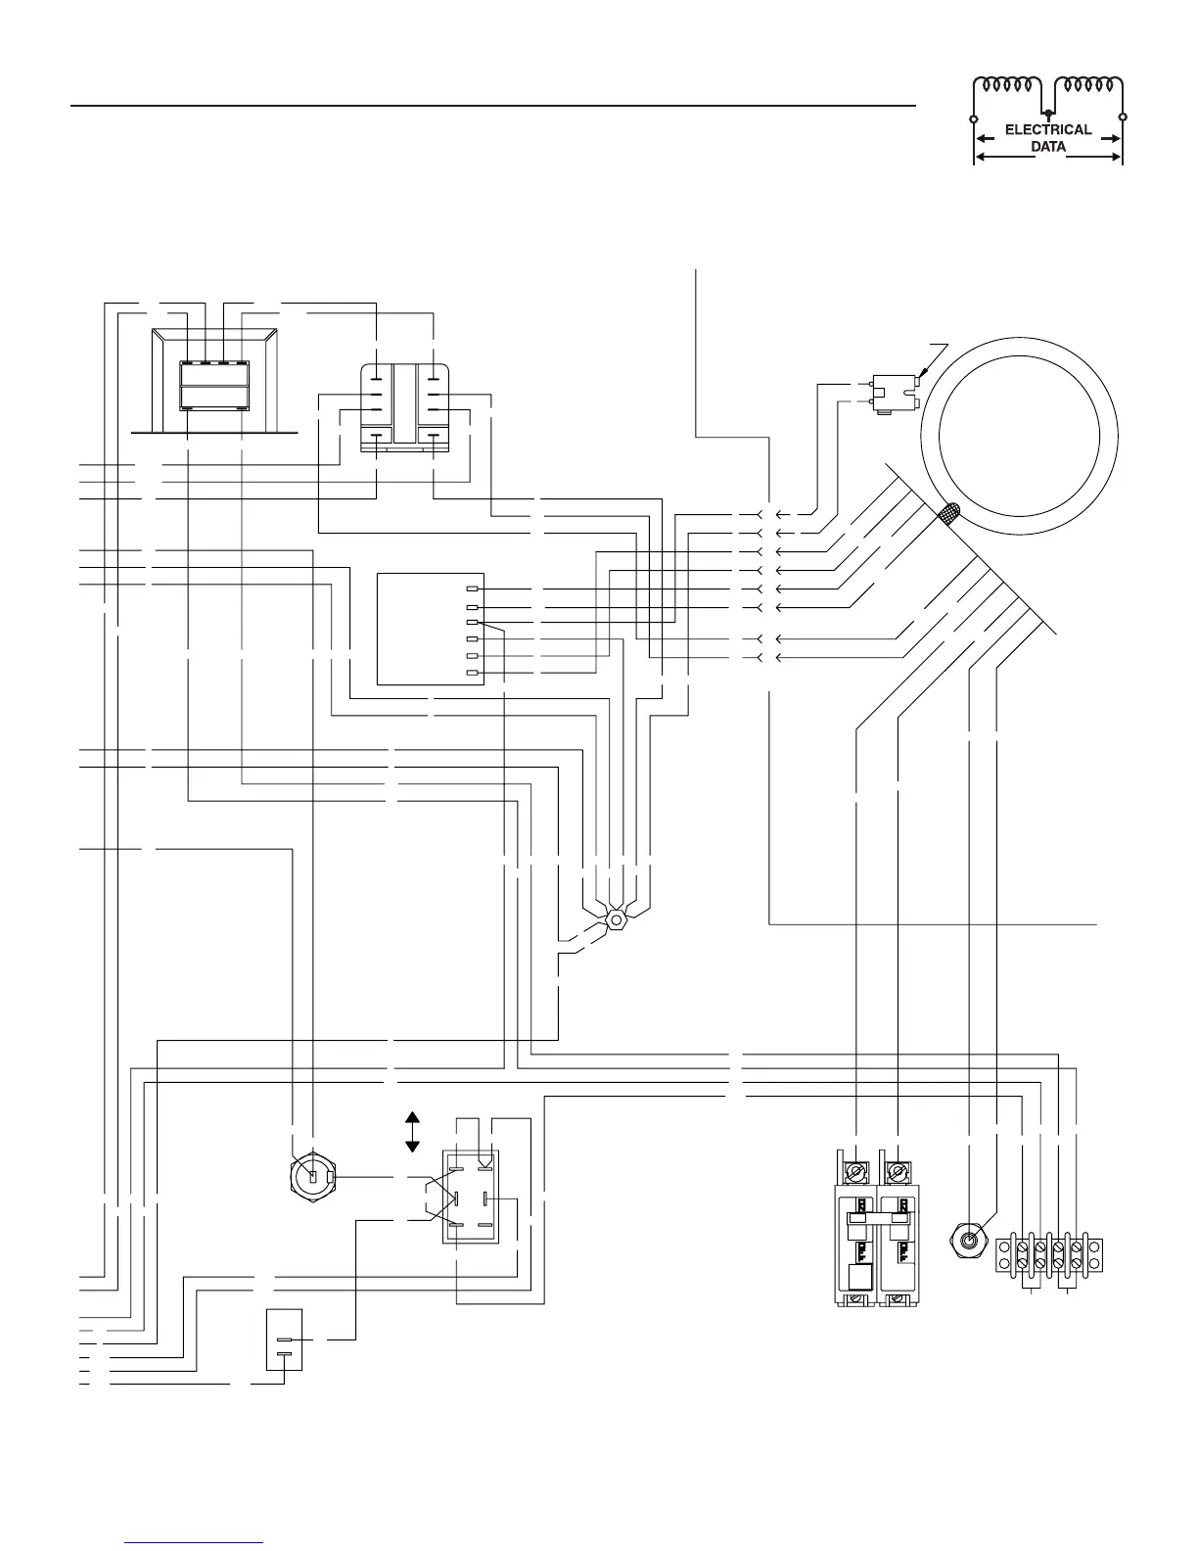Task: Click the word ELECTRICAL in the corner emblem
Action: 1047,130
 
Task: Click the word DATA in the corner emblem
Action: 1048,147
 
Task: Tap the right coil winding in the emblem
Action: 1088,85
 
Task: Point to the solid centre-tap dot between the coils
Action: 1047,113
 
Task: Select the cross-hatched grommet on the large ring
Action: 949,514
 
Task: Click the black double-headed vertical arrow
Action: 412,1132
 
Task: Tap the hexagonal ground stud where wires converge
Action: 616,920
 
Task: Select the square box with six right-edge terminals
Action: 431,629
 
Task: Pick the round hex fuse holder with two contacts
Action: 312,1177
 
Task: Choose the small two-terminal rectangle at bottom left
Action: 284,1339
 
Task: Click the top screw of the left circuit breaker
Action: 856,1172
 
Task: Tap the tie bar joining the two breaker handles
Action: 877,1218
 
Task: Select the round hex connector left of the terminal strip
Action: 967,1242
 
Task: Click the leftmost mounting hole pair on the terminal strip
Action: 1004,1255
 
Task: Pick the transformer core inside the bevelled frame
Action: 214,386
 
